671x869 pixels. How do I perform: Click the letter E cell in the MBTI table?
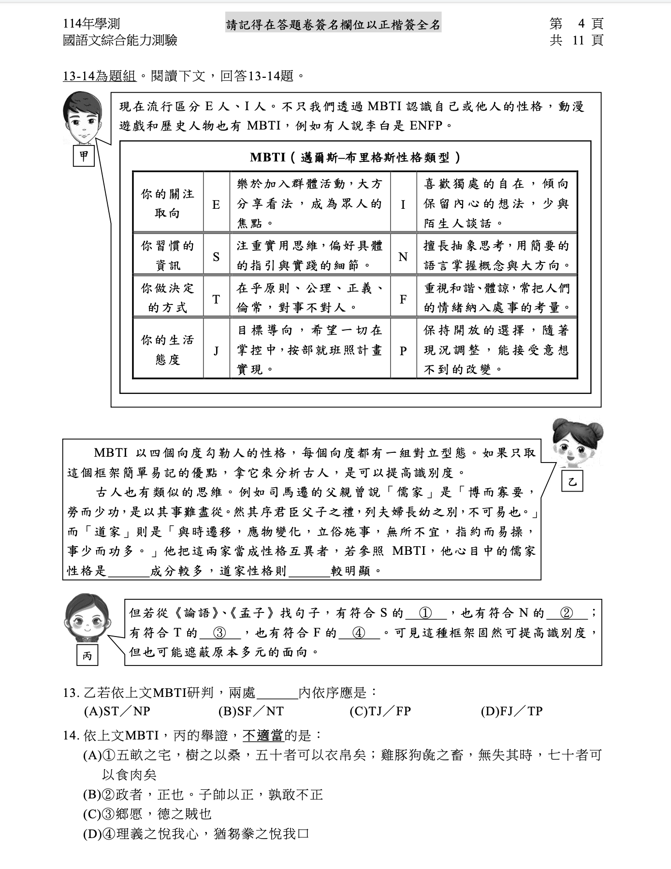click(x=216, y=204)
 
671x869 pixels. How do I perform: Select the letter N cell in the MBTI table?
click(x=403, y=257)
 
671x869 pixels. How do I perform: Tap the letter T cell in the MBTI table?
click(x=216, y=299)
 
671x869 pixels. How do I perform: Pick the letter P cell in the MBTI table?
click(x=403, y=351)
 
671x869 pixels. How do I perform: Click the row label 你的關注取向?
click(x=167, y=203)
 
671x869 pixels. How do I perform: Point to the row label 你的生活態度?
click(x=167, y=350)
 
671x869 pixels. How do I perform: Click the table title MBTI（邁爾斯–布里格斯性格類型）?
click(x=355, y=158)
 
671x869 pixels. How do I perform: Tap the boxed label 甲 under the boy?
click(x=84, y=156)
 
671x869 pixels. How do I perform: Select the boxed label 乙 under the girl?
click(x=572, y=481)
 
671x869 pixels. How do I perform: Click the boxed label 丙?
click(x=87, y=655)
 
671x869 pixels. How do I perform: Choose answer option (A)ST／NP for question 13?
click(x=117, y=711)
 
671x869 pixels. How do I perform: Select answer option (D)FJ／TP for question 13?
click(x=511, y=711)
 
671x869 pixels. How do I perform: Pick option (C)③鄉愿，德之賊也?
click(x=147, y=814)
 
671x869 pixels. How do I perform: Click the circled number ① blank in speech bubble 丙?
click(x=426, y=613)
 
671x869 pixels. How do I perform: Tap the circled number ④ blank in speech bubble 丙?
click(x=359, y=633)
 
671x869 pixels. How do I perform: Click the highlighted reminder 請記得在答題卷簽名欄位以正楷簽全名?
click(x=334, y=25)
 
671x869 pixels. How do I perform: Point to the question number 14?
click(x=71, y=736)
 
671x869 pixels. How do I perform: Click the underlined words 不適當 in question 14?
click(x=263, y=736)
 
